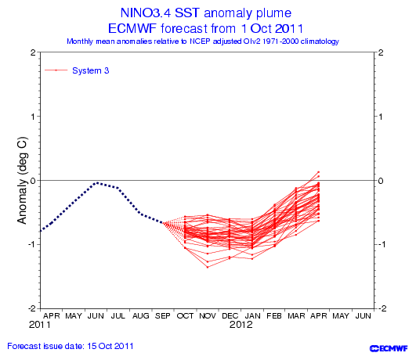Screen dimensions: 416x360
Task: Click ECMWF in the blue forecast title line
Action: coord(132,29)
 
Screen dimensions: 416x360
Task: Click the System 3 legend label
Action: coord(90,70)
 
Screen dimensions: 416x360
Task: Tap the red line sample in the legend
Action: coord(56,70)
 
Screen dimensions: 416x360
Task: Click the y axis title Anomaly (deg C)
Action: coord(22,180)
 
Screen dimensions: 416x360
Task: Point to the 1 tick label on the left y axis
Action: coord(33,117)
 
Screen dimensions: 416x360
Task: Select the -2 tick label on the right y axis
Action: coord(381,308)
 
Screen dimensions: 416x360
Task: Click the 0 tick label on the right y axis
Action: coord(381,181)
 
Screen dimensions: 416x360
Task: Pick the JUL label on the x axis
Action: coord(118,316)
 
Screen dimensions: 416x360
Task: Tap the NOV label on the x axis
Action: coord(208,316)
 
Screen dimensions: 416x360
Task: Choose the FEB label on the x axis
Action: coord(274,316)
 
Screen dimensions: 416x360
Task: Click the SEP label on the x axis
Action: coord(163,316)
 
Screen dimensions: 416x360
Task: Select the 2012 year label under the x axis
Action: coord(241,325)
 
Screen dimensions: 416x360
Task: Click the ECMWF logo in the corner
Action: coord(389,348)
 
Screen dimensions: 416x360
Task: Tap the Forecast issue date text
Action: coord(71,346)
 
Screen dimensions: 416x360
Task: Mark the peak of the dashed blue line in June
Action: coord(97,182)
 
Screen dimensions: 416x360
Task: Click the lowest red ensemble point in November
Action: coord(208,267)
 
